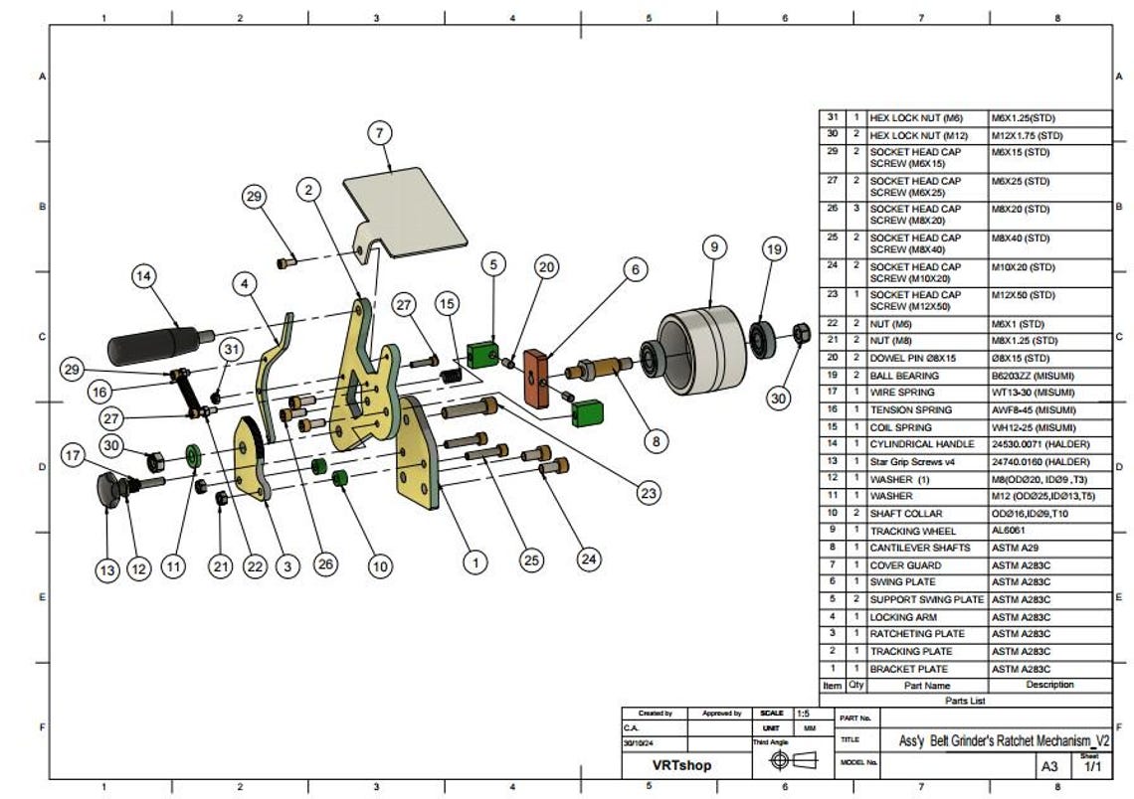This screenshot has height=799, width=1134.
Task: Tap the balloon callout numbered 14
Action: coord(146,277)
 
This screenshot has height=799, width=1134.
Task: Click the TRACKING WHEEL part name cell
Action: coord(926,531)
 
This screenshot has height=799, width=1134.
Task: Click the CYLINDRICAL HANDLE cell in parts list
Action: coord(926,444)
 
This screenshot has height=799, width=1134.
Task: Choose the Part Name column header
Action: coord(926,685)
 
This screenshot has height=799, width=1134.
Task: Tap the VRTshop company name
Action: coord(681,766)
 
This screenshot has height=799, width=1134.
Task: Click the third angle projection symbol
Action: coord(791,761)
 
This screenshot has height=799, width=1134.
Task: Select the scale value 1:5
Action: coord(803,714)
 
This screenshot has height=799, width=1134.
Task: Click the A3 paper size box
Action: coord(1049,766)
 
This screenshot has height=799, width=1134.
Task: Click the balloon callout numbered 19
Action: coord(775,249)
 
